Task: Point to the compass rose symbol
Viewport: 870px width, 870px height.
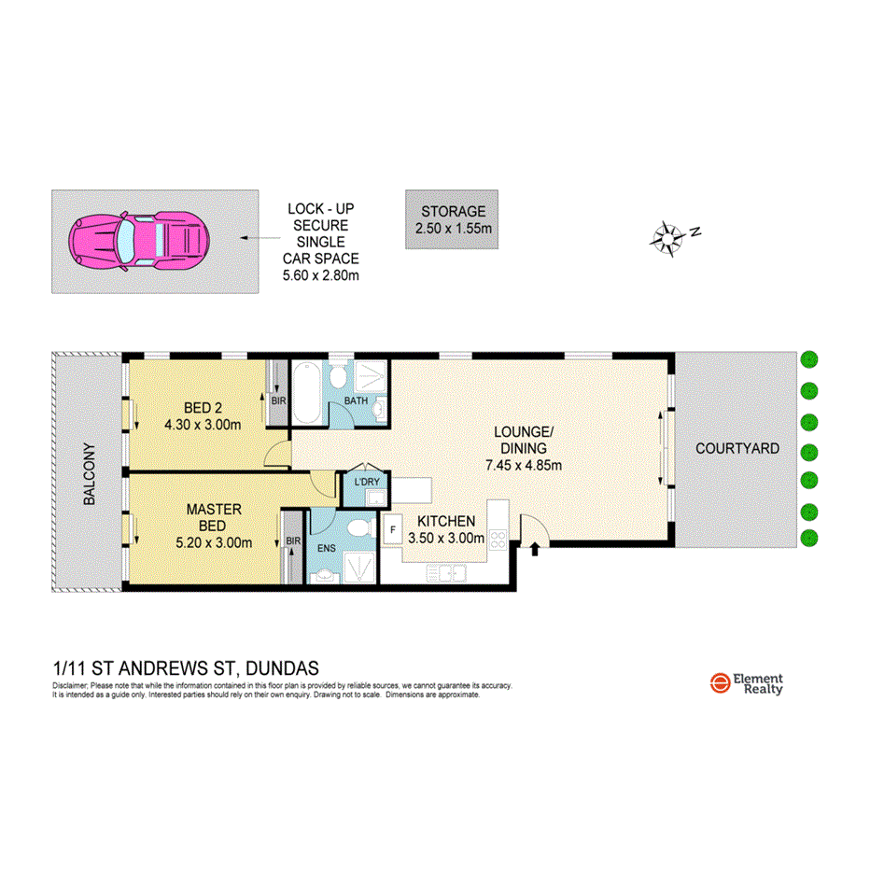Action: coord(669,237)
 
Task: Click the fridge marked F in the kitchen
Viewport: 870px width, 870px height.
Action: coord(393,530)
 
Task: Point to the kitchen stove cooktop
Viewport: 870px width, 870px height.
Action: coord(498,539)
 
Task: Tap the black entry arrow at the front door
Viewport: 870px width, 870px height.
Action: coord(535,549)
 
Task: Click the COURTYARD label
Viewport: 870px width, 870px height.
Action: coord(737,449)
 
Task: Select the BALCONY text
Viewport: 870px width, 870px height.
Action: coord(91,473)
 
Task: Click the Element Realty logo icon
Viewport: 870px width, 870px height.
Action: coord(719,683)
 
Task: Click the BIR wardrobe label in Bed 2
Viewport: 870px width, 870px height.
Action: coord(277,400)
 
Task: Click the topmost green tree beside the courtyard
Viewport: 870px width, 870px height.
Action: coord(809,359)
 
